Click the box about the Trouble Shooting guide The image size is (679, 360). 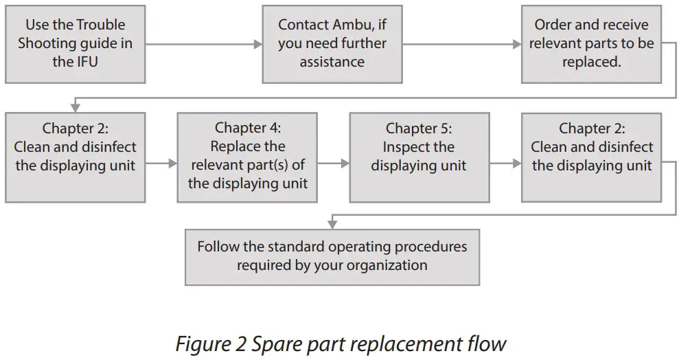click(x=75, y=43)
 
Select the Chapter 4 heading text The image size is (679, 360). click(x=247, y=128)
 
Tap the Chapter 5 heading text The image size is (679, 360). click(x=418, y=128)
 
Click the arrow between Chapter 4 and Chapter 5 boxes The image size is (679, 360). click(x=333, y=164)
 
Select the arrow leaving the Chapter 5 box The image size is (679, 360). click(x=505, y=164)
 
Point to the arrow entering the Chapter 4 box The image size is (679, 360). click(x=161, y=164)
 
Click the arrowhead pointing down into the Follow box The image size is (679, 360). click(x=332, y=223)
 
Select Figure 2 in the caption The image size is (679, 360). click(x=209, y=343)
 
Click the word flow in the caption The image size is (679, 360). click(x=487, y=343)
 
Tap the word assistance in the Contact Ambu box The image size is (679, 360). click(x=332, y=62)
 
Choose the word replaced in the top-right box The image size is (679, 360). click(x=591, y=62)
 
